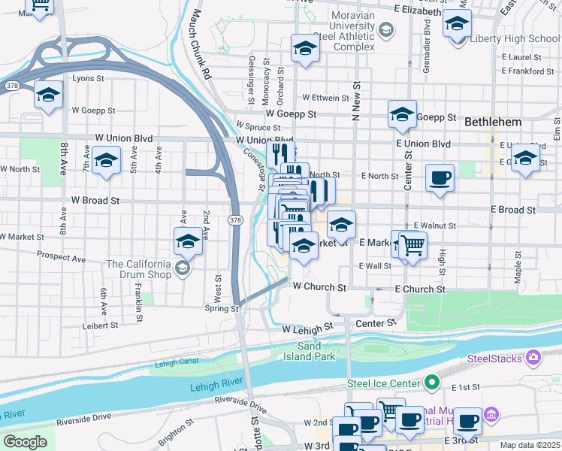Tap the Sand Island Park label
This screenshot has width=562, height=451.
point(316,351)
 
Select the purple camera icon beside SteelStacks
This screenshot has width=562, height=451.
point(533,358)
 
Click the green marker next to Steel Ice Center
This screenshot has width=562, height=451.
point(431,383)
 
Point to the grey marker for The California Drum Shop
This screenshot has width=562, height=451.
point(181,268)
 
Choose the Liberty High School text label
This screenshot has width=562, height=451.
point(514,38)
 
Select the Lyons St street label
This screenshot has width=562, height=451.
point(88,78)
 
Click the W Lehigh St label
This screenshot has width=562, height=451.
point(307,328)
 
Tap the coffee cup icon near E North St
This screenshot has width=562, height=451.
point(440,178)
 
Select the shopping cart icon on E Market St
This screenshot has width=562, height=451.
point(412,244)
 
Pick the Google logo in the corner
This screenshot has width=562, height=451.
point(25,442)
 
